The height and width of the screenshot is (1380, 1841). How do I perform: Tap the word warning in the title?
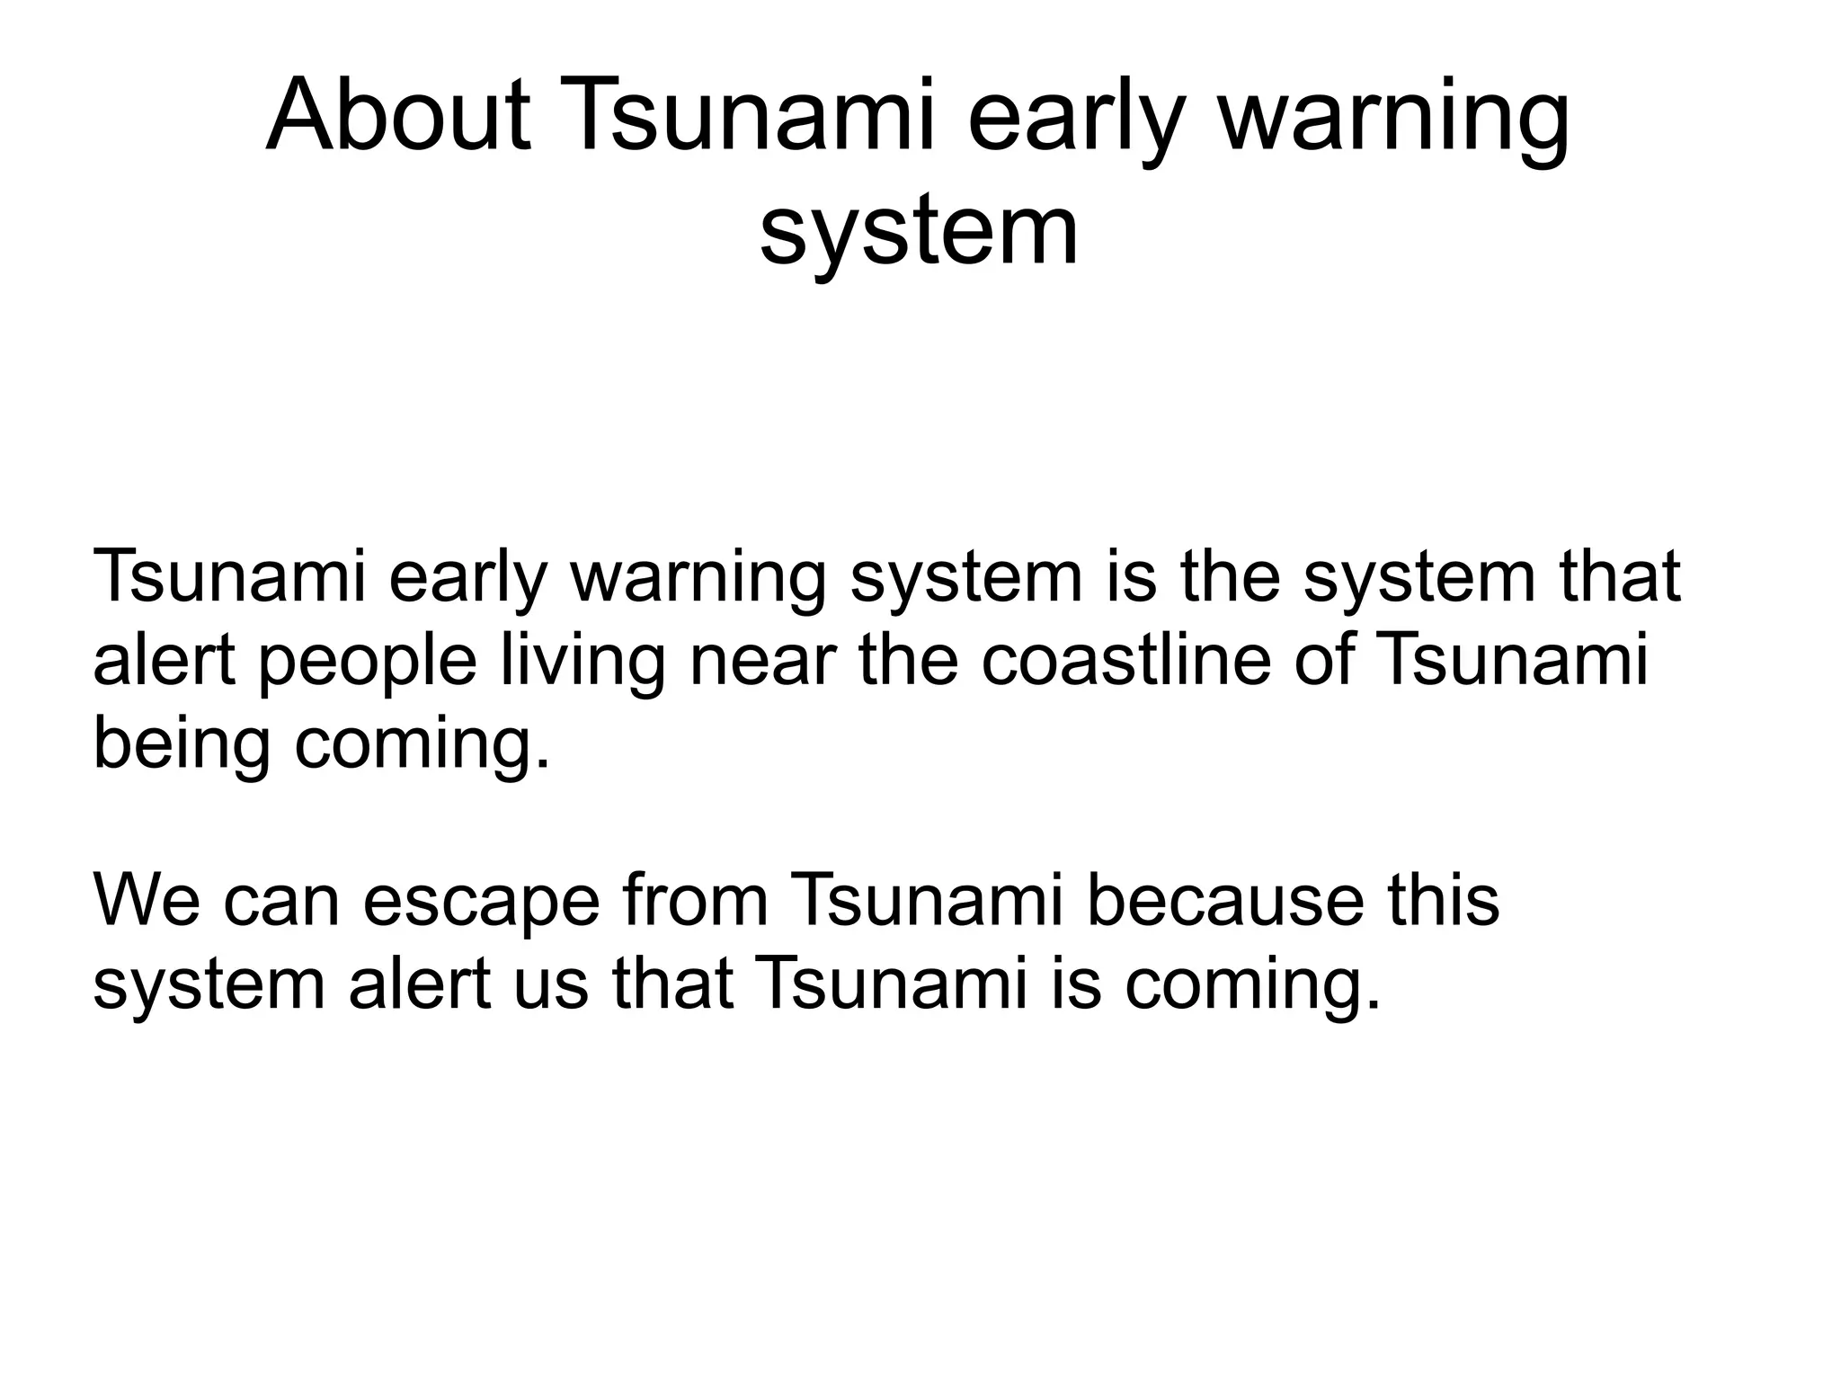1392,121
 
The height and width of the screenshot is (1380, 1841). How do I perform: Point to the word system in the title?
919,232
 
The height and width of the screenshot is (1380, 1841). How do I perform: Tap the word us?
551,984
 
